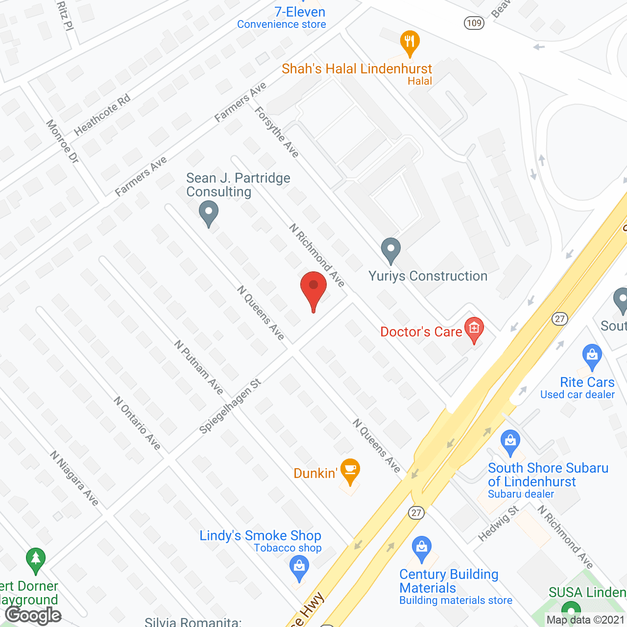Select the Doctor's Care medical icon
click(474, 329)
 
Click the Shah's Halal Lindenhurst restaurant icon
click(410, 42)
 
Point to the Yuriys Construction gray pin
click(390, 249)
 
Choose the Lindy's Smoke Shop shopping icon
click(299, 568)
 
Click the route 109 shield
click(474, 23)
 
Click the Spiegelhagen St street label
click(230, 406)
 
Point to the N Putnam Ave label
click(199, 367)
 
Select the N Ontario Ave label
click(137, 423)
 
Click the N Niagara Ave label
click(74, 478)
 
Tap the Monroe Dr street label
click(62, 142)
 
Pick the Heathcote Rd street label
click(102, 115)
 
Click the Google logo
click(33, 615)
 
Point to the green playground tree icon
click(35, 559)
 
